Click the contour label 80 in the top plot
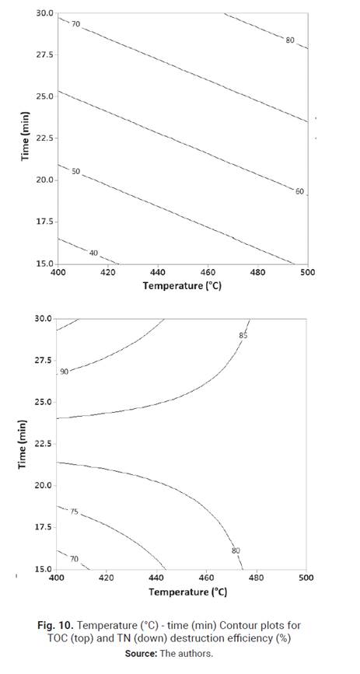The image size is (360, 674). click(x=290, y=40)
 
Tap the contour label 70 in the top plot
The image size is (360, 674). click(x=75, y=24)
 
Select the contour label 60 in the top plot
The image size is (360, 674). click(x=299, y=190)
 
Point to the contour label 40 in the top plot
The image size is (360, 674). click(x=93, y=253)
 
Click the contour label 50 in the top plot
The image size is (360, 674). click(x=75, y=171)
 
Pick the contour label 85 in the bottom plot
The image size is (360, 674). click(x=243, y=336)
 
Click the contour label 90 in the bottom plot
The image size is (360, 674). click(x=65, y=372)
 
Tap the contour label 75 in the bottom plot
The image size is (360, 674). click(x=74, y=512)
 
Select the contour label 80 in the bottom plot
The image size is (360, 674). click(x=236, y=550)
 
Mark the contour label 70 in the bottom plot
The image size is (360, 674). click(x=74, y=560)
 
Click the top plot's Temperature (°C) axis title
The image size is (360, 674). click(x=183, y=285)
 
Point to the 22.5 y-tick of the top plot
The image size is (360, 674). click(x=43, y=138)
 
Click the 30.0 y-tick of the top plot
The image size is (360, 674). click(x=44, y=14)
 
